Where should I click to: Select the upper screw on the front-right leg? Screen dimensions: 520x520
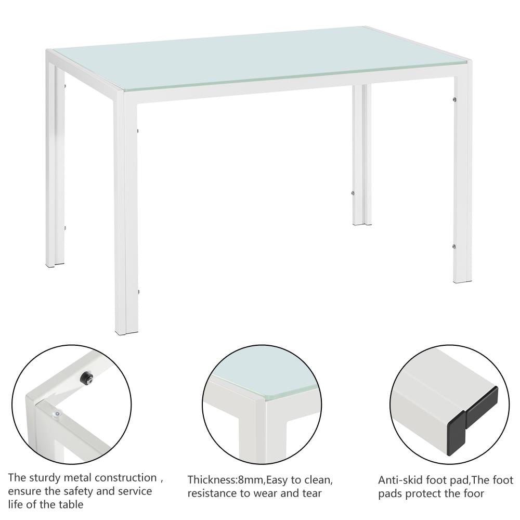pyautogui.click(x=454, y=99)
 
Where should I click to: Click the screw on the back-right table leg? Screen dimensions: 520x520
pyautogui.click(x=353, y=193)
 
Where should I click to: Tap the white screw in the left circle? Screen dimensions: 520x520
pyautogui.click(x=56, y=413)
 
